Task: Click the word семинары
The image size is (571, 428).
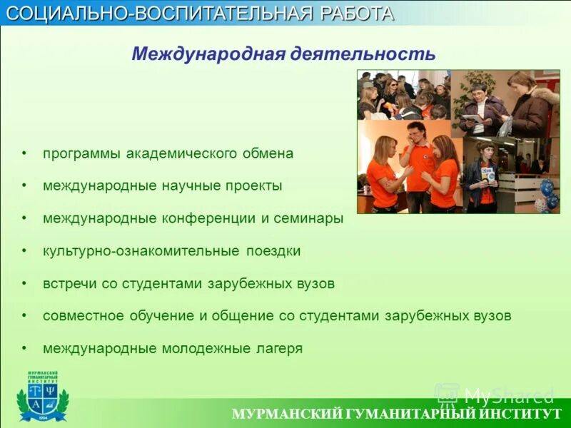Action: pyautogui.click(x=308, y=218)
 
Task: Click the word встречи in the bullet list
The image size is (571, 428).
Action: pyautogui.click(x=69, y=283)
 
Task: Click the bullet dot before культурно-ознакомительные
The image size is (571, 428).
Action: pyautogui.click(x=24, y=251)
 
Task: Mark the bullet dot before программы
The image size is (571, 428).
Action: pyautogui.click(x=24, y=153)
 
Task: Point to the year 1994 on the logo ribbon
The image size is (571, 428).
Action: pyautogui.click(x=42, y=417)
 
